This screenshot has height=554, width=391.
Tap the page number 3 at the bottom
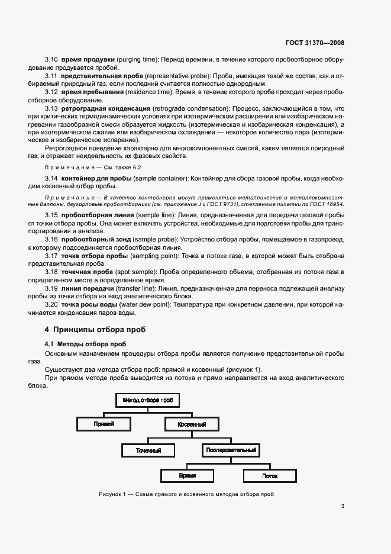(x=343, y=505)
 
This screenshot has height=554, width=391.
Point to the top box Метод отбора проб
(x=148, y=400)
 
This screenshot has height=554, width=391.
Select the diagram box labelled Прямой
(x=104, y=424)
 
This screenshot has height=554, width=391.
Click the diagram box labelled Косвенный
(x=192, y=424)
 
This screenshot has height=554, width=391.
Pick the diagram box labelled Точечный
(x=148, y=450)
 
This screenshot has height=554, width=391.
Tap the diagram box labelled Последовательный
(x=231, y=450)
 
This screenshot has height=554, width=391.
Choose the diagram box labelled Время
(x=188, y=475)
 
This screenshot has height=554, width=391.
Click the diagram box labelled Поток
(x=270, y=475)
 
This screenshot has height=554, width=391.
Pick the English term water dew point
(x=146, y=304)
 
